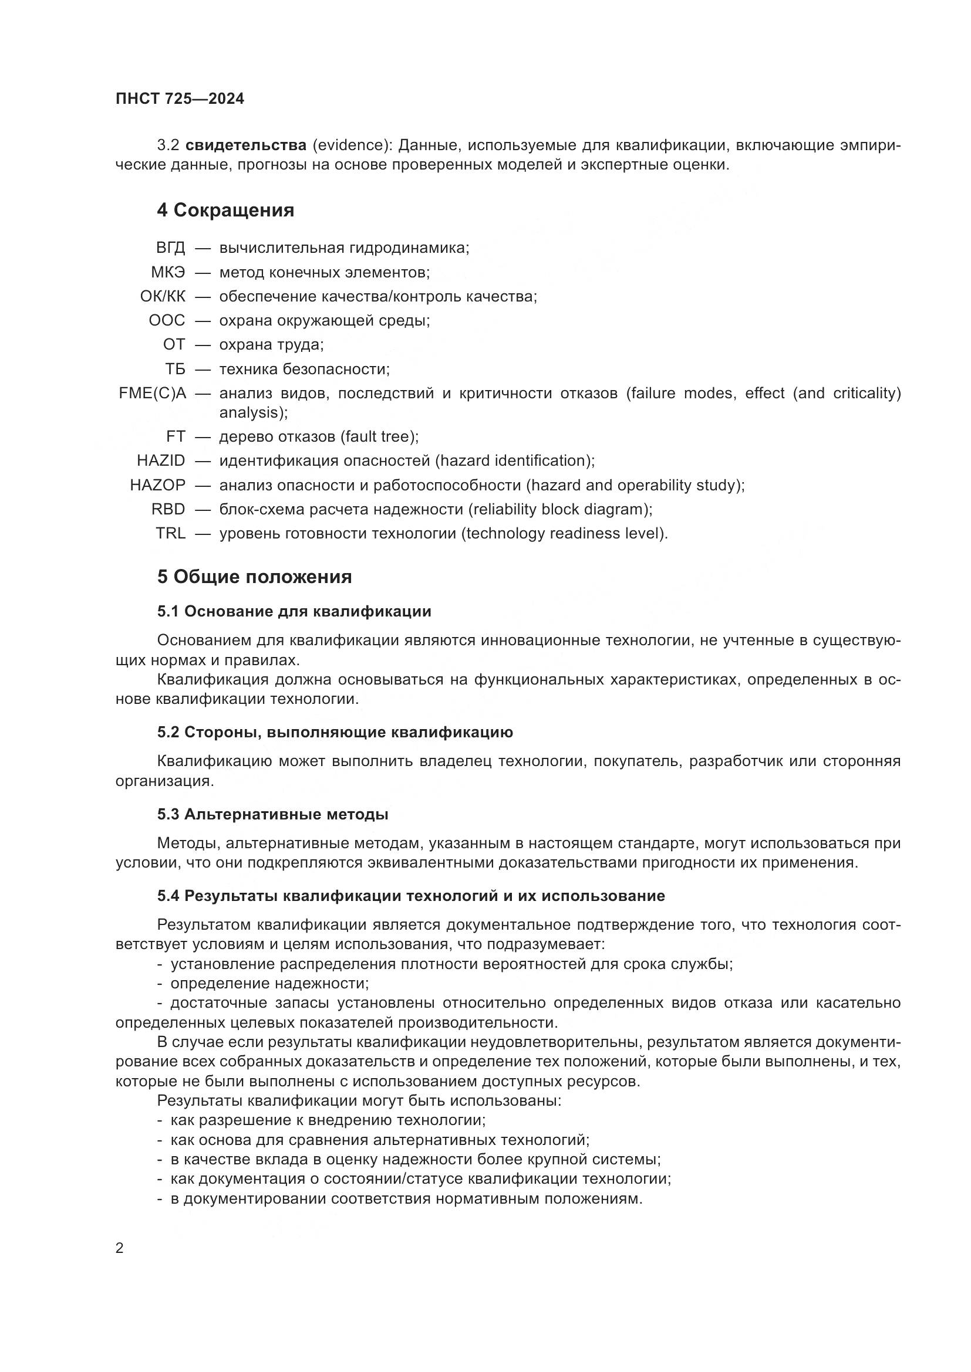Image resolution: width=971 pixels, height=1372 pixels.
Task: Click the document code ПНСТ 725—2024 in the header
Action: tap(180, 99)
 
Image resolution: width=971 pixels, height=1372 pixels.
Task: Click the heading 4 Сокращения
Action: tap(225, 211)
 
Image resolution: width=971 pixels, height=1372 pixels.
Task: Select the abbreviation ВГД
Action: tap(170, 248)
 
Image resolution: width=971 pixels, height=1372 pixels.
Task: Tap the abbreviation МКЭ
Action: tap(168, 273)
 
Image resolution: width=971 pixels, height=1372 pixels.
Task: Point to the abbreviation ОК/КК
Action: tap(163, 296)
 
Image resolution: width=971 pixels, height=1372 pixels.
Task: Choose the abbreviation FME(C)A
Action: tap(153, 393)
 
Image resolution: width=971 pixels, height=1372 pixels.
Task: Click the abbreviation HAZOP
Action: tap(158, 485)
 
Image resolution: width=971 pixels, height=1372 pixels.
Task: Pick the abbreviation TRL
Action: tap(170, 533)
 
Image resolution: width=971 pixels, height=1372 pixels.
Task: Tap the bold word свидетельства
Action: tap(246, 145)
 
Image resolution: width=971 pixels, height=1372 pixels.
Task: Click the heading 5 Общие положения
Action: tap(254, 577)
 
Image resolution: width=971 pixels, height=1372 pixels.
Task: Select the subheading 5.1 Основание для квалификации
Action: tap(294, 611)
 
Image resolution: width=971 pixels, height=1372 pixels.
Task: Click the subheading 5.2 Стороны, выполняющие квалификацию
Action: tap(335, 732)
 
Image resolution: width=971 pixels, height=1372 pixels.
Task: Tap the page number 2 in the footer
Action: tap(120, 1248)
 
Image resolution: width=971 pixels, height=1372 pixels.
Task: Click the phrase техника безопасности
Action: tap(304, 370)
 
